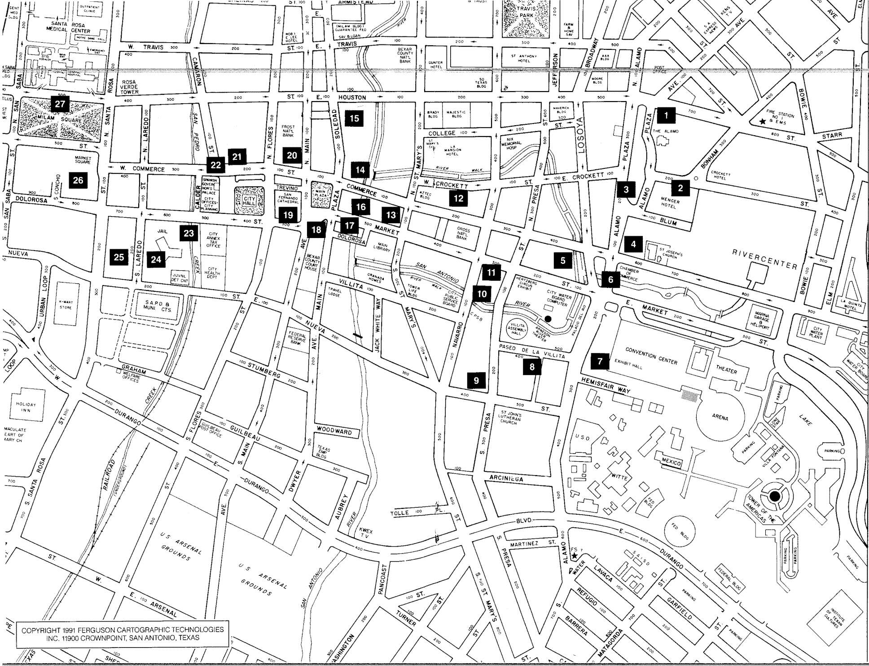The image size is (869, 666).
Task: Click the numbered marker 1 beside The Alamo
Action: click(666, 115)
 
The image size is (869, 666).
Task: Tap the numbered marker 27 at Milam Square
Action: click(60, 104)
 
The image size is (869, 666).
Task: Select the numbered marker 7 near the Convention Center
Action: click(600, 361)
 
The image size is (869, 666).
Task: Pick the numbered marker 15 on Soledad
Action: click(354, 119)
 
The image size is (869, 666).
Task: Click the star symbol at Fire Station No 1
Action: click(762, 121)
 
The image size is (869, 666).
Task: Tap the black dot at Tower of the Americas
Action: click(774, 496)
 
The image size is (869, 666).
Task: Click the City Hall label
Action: click(249, 201)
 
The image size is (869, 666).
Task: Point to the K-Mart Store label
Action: click(66, 305)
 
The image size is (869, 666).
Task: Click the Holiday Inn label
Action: click(26, 407)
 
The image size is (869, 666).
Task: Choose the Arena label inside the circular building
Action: click(720, 418)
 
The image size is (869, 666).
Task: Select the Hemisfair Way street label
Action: click(606, 385)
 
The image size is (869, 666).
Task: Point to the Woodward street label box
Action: click(334, 430)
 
